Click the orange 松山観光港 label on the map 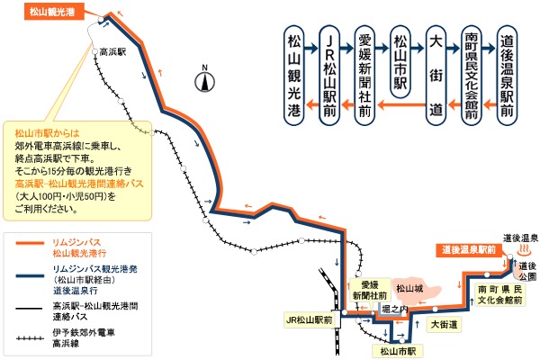[x=54, y=12]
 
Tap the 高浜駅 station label [x=112, y=52]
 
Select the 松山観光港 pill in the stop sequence [x=293, y=75]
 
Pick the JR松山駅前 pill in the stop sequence [x=329, y=75]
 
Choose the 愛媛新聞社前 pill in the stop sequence [x=364, y=75]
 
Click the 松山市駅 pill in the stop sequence [x=400, y=62]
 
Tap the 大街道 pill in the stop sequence [x=436, y=75]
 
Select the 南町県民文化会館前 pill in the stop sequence [x=471, y=75]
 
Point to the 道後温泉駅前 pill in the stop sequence [x=507, y=75]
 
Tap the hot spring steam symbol [x=525, y=249]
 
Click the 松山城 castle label [x=409, y=288]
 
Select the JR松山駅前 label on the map [x=309, y=320]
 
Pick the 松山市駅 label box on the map [x=398, y=351]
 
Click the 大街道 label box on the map [x=444, y=325]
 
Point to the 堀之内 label [x=394, y=310]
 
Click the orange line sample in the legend [x=30, y=243]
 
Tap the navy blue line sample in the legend [x=30, y=275]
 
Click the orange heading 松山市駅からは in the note [x=47, y=133]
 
